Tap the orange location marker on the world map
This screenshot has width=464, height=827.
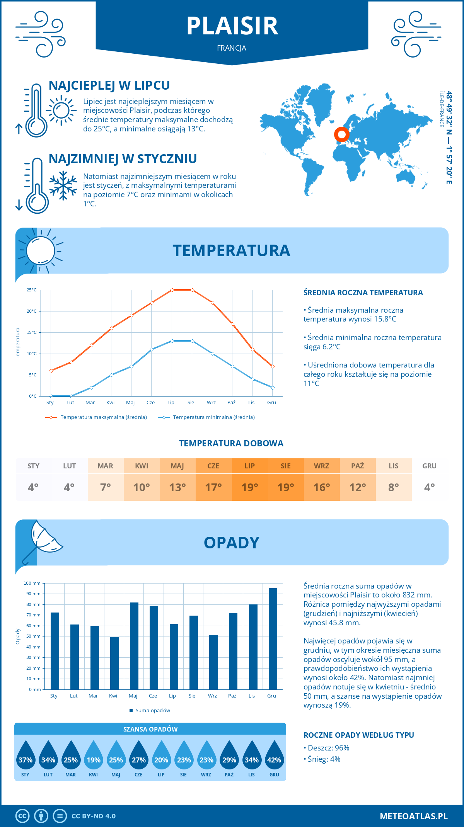(x=341, y=134)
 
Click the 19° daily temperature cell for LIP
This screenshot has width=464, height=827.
(x=250, y=487)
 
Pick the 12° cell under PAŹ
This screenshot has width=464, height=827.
(x=358, y=487)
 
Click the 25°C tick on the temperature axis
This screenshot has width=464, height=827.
(x=32, y=290)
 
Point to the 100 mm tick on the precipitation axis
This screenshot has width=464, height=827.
(x=32, y=583)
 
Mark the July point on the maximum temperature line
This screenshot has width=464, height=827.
(x=172, y=290)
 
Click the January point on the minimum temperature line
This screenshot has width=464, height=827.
(x=51, y=396)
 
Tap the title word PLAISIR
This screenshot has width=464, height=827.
(x=232, y=26)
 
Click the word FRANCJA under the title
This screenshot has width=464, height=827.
(x=232, y=48)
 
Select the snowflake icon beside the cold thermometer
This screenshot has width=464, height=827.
(x=63, y=185)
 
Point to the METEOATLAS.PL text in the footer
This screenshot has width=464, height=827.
(x=413, y=816)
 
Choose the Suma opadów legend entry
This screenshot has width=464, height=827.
(x=152, y=711)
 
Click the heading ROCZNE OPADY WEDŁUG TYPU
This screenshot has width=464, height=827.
(x=358, y=735)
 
